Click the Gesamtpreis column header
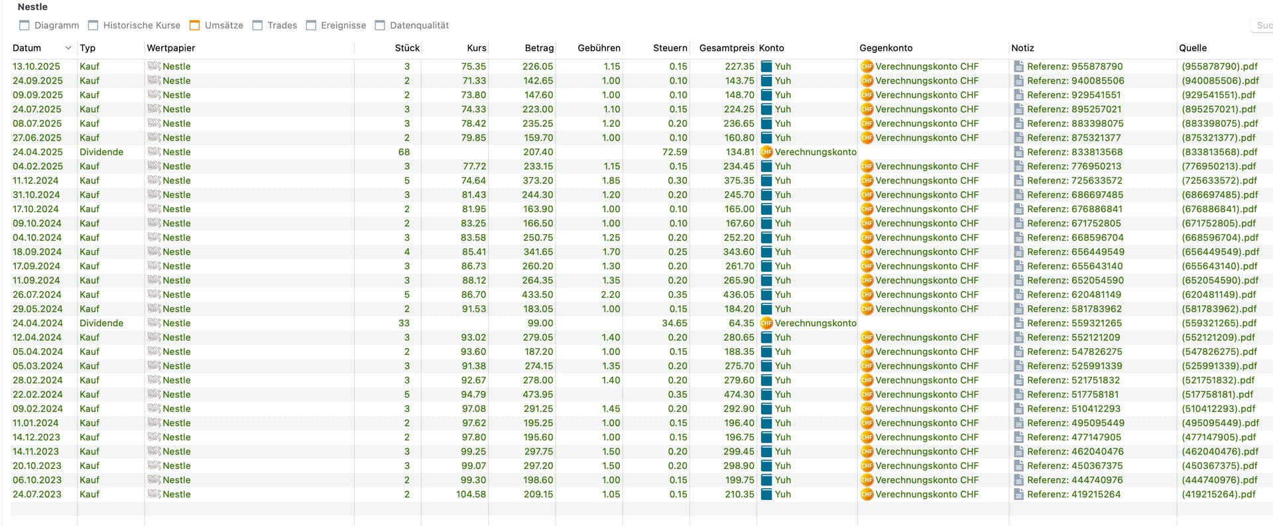726,48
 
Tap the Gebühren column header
599,48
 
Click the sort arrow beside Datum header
68,48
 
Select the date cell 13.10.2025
36,66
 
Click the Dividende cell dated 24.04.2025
101,152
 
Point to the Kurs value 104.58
471,494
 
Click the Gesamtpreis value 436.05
739,295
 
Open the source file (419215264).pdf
1218,494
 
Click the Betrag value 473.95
538,394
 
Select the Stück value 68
404,152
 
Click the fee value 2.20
610,295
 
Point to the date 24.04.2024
38,323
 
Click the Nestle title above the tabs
32,7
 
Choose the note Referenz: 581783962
1074,308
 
